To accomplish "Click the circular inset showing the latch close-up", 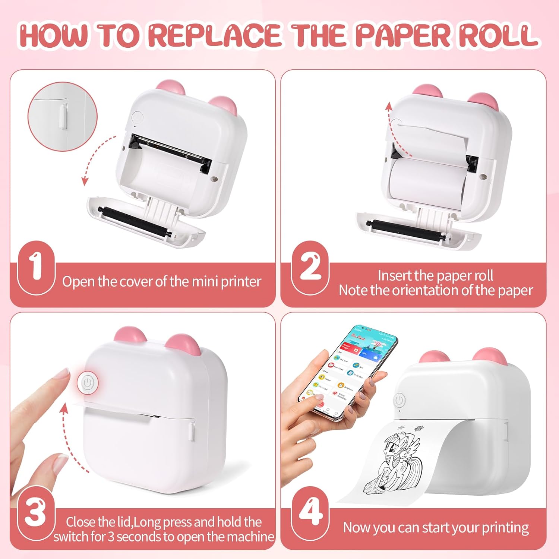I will [x=62, y=117].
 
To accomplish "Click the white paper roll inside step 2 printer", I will [x=425, y=183].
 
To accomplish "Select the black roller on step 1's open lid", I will [x=134, y=222].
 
